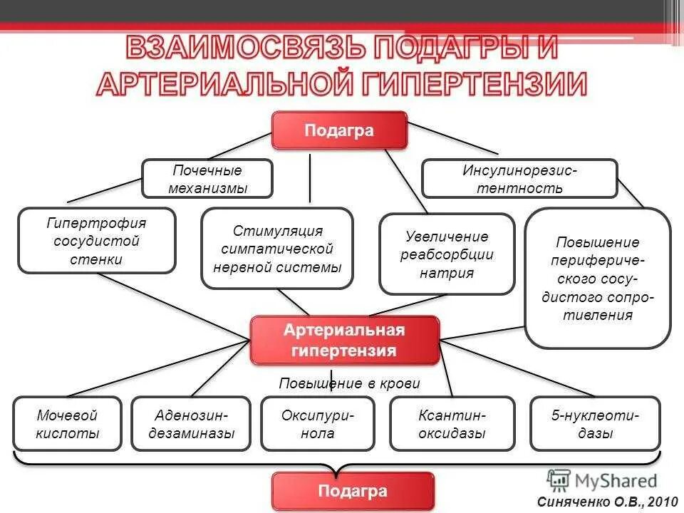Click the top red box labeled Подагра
click(339, 131)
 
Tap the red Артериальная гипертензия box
click(344, 341)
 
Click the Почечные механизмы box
click(207, 179)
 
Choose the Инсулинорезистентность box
click(519, 179)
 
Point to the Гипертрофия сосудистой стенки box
click(97, 241)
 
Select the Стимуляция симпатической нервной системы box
click(277, 249)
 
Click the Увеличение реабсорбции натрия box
click(447, 254)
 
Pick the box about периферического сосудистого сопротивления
click(598, 278)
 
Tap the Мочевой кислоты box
click(68, 424)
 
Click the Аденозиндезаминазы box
click(191, 424)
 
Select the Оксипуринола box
click(318, 424)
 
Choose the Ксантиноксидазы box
click(452, 424)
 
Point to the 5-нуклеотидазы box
click(595, 424)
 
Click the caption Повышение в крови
click(349, 383)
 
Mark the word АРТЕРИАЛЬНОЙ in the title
click(221, 84)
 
